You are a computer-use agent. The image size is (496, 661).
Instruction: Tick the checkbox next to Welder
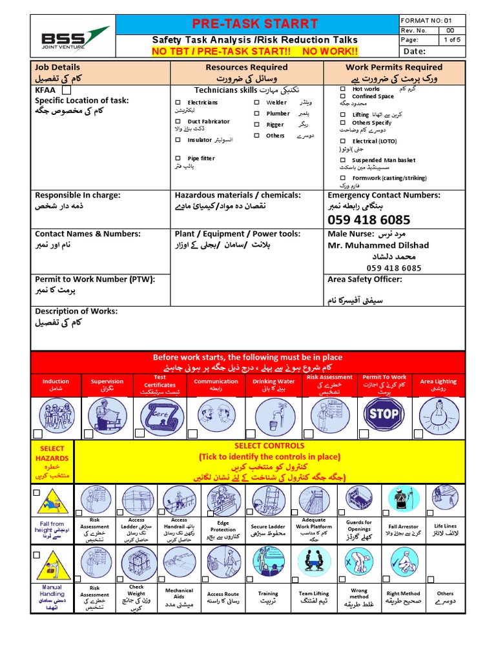(x=256, y=103)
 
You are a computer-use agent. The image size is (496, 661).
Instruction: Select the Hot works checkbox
(x=343, y=88)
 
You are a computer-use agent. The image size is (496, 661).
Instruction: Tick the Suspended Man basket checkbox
(x=343, y=159)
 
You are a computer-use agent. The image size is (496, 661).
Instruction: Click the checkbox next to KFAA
(x=67, y=91)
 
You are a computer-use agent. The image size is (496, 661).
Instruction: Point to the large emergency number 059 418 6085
(x=369, y=219)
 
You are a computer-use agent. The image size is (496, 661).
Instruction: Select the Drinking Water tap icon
(x=274, y=413)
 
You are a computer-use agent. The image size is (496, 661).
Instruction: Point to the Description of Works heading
(x=76, y=311)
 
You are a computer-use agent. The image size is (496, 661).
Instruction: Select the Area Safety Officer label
(x=365, y=279)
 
